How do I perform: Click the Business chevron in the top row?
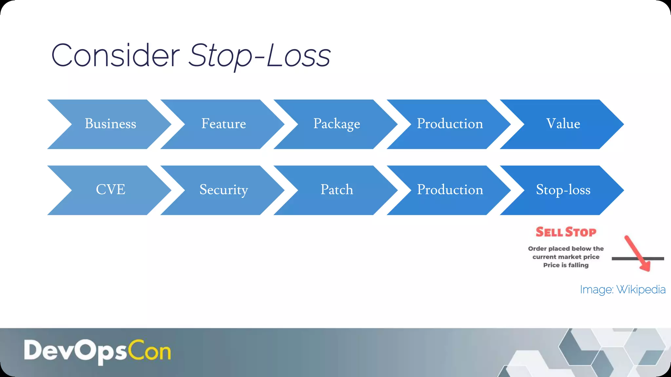(x=110, y=124)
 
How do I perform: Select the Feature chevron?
(x=223, y=124)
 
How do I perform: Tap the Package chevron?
(x=336, y=124)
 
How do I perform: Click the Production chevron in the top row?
(x=450, y=124)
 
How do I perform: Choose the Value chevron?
(x=563, y=124)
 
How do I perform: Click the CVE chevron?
(x=110, y=190)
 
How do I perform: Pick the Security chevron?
(x=223, y=190)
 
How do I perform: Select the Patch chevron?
(x=336, y=190)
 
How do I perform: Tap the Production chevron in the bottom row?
(x=450, y=190)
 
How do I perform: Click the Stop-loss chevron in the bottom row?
(x=563, y=190)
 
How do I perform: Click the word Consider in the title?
(x=116, y=56)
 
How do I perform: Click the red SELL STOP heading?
(x=566, y=232)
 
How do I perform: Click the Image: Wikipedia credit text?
(x=623, y=290)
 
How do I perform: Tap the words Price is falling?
(x=566, y=265)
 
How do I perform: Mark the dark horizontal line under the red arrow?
(x=623, y=259)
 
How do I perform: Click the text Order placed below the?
(x=566, y=249)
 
